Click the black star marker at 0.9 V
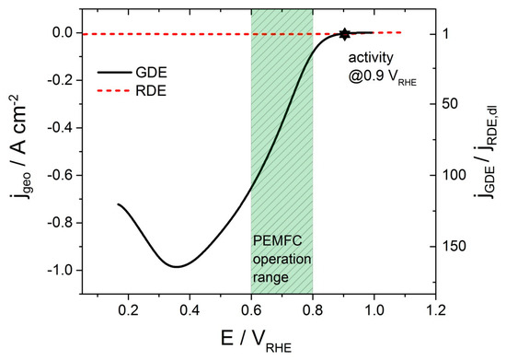coord(344,34)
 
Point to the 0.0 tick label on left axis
coord(62,32)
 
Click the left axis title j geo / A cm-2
coord(20,151)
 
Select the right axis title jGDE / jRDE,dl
coord(488,152)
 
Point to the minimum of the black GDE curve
coord(177,266)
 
